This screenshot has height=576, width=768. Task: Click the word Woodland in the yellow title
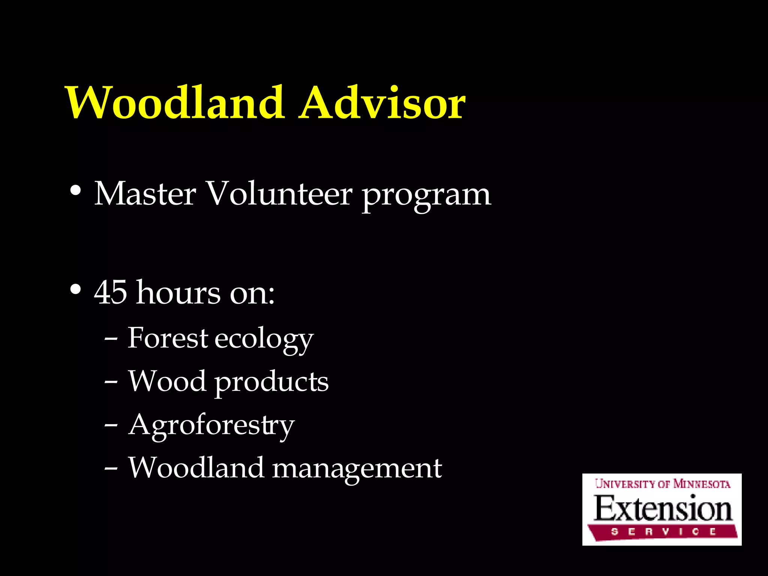[175, 103]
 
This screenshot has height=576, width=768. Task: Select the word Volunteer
[279, 194]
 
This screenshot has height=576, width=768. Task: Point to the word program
[426, 197]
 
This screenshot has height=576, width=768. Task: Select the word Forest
[168, 338]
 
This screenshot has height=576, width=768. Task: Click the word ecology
[264, 340]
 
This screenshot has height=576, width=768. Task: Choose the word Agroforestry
[211, 426]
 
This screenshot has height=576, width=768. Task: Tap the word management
[357, 470]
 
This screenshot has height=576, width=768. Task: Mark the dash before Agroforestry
[111, 426]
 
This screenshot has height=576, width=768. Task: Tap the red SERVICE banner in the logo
[662, 532]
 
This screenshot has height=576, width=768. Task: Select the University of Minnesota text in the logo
[662, 484]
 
